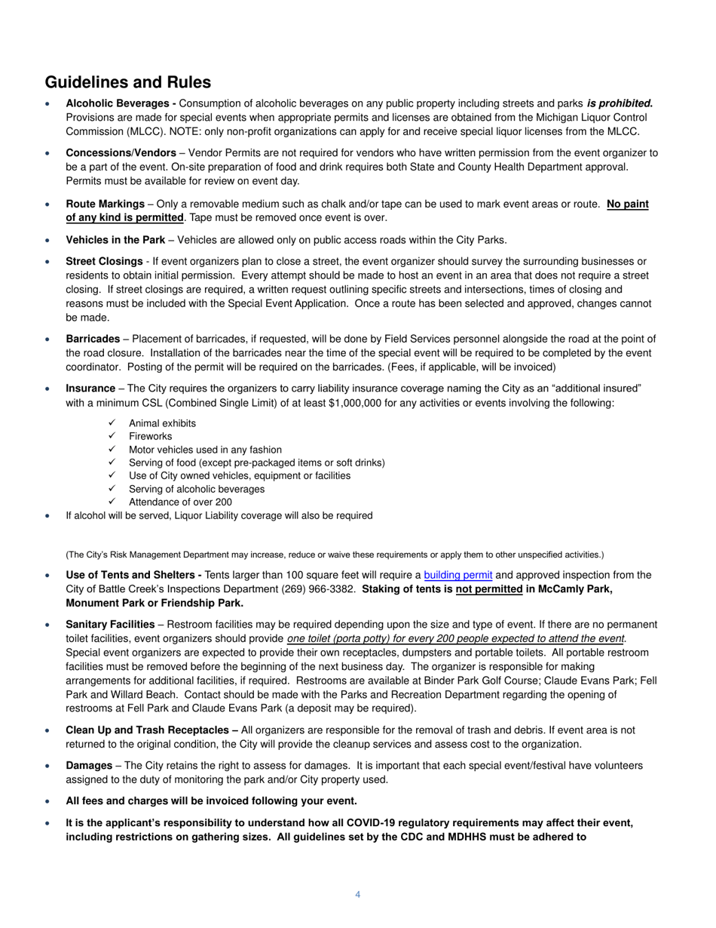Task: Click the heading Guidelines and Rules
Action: (x=128, y=82)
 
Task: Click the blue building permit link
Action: (x=457, y=575)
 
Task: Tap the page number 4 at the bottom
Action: (x=357, y=895)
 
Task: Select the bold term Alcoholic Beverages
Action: (x=121, y=103)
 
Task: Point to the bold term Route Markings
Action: (x=106, y=204)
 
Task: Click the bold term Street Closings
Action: (x=104, y=261)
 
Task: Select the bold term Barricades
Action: (x=93, y=339)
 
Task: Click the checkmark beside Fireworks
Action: (x=112, y=436)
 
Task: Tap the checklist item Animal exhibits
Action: (x=162, y=423)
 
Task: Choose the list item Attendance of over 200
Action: (x=180, y=502)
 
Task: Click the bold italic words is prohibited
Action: (x=620, y=103)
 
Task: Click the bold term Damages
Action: (x=89, y=765)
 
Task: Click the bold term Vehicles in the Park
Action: (x=115, y=240)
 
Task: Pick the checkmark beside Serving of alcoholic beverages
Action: (x=112, y=489)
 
